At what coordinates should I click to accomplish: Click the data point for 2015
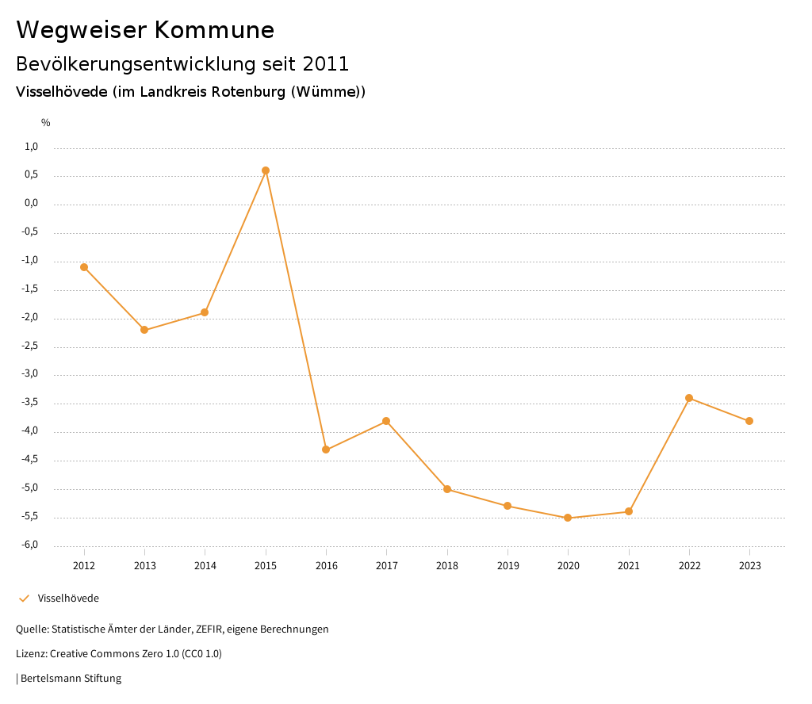click(266, 170)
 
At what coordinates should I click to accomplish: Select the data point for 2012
click(84, 267)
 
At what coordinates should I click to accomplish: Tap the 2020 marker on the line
click(568, 518)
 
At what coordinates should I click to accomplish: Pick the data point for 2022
click(689, 398)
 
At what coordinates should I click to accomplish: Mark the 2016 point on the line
click(326, 450)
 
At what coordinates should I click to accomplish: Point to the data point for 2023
click(749, 421)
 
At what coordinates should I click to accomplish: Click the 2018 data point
click(447, 489)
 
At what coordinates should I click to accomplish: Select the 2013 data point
click(144, 330)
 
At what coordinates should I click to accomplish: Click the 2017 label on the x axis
click(386, 566)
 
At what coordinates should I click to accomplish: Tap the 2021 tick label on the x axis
click(629, 566)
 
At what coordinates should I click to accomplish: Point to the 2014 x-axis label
click(205, 566)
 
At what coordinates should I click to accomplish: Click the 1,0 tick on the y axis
click(32, 147)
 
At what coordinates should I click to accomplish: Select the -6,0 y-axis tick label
click(30, 545)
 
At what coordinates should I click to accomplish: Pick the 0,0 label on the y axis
click(32, 204)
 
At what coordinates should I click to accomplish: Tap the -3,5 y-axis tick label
click(30, 403)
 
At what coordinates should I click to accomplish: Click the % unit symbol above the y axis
click(46, 123)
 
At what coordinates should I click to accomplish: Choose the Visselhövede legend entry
click(68, 599)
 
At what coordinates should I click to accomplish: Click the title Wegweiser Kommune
click(145, 30)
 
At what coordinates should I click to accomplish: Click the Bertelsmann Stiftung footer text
click(70, 679)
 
